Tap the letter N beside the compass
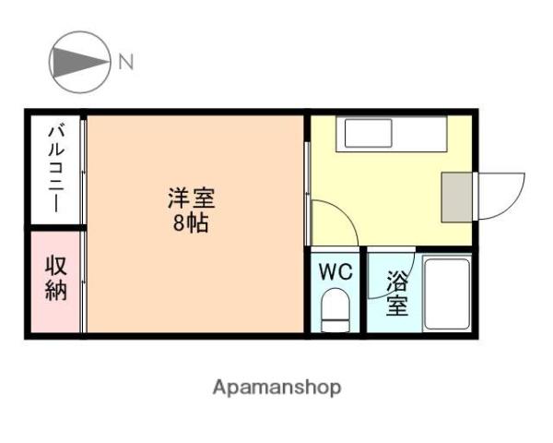pos(125,63)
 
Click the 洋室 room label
pos(192,198)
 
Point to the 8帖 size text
pos(191,222)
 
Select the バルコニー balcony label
pos(55,169)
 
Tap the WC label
pos(335,272)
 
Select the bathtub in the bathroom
pos(446,293)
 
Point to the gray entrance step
pos(456,196)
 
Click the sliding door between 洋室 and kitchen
pos(307,180)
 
